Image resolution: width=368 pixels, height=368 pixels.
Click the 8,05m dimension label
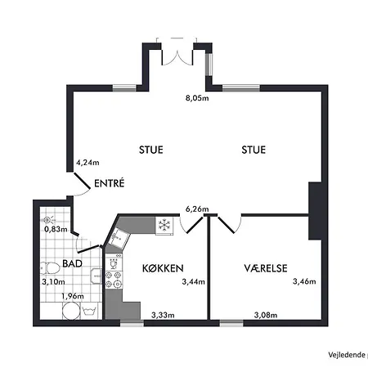197,99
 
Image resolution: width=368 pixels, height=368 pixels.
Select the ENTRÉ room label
109,184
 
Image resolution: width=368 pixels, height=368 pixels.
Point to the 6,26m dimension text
197,209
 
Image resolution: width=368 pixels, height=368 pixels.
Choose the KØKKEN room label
162,268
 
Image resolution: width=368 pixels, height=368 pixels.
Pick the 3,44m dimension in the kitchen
194,283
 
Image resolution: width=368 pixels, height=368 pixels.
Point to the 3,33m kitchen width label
163,315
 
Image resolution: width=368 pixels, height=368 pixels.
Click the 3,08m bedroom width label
265,315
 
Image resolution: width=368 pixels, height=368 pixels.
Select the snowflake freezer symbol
164,224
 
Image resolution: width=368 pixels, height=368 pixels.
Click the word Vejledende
345,354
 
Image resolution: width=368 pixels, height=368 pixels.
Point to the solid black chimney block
316,212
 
